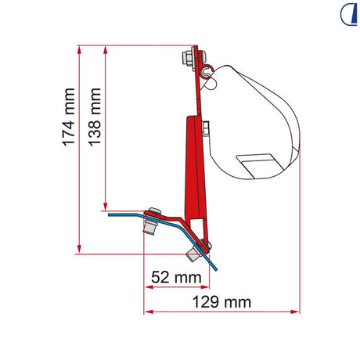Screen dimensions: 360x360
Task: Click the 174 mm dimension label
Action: coord(69,117)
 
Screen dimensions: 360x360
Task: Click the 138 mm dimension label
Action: coord(95,117)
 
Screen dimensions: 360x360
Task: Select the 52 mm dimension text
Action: coord(176,277)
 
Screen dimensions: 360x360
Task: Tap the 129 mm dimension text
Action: coord(221,302)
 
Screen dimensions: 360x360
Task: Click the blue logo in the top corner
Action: coord(348,14)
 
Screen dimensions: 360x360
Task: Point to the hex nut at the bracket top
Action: coord(187,58)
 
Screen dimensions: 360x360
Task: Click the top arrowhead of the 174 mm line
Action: coord(80,50)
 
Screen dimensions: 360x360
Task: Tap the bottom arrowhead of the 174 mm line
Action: coord(80,249)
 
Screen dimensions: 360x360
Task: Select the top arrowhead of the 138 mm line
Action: coord(106,50)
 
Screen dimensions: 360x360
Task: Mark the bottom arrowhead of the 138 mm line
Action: coord(106,206)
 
